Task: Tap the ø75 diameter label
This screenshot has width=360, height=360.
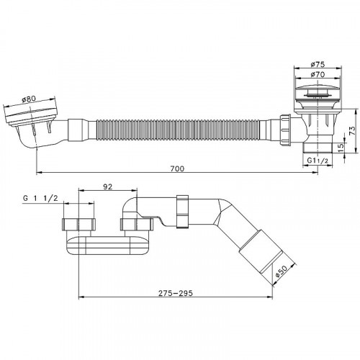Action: click(318, 64)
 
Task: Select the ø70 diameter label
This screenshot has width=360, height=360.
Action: click(318, 74)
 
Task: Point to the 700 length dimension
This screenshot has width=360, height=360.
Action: click(177, 168)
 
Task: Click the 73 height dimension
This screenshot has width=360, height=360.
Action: click(352, 131)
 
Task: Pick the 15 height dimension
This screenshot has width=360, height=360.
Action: click(341, 148)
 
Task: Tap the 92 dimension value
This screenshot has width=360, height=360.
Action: click(108, 186)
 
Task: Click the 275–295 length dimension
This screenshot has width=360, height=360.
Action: click(176, 293)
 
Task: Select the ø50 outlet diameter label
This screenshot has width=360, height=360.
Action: click(281, 271)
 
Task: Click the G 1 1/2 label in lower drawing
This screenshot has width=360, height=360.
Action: click(40, 198)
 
